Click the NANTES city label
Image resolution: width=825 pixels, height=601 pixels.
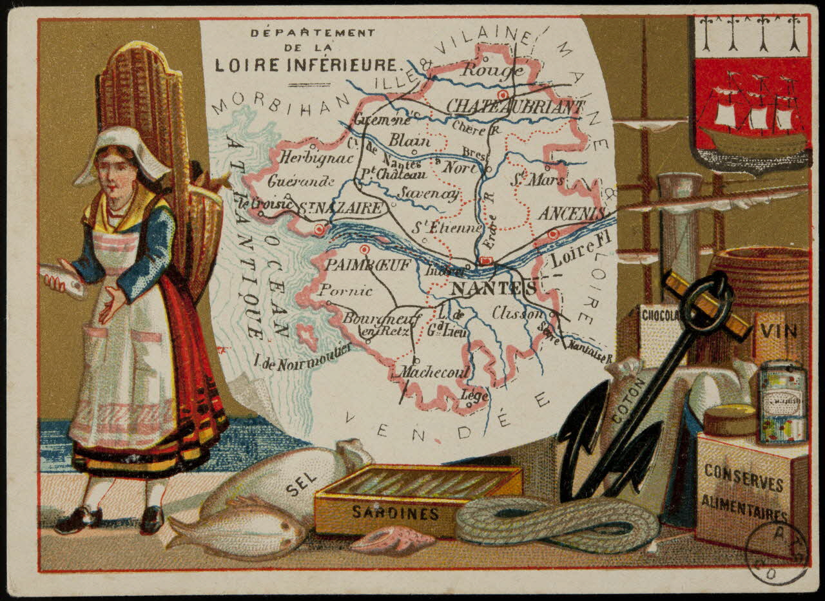click(x=493, y=288)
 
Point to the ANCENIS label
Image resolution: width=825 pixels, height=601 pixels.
click(x=573, y=213)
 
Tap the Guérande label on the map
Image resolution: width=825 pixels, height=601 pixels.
click(x=301, y=180)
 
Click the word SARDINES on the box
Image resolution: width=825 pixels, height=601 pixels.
click(x=395, y=513)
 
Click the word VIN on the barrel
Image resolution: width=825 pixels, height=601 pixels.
click(x=779, y=331)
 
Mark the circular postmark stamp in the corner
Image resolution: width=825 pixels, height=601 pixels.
click(x=776, y=552)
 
